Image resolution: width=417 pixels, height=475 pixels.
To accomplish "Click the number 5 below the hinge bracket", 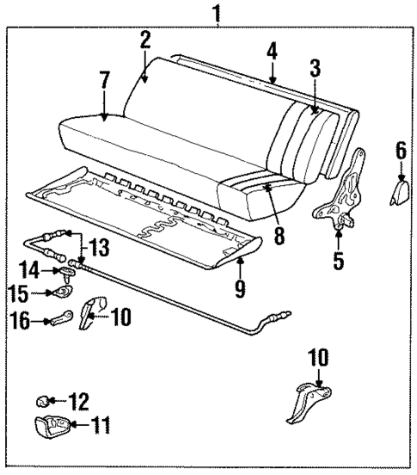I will [x=339, y=259].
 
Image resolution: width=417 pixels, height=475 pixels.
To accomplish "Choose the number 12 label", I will [x=78, y=400].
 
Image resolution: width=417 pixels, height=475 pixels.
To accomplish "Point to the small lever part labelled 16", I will [x=61, y=321].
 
